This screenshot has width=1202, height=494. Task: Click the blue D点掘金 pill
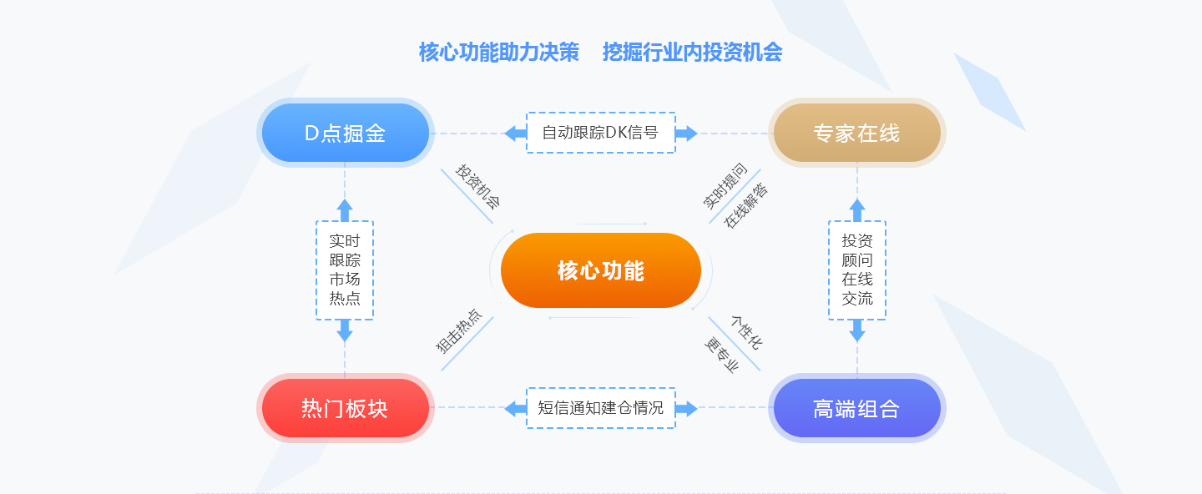(345, 133)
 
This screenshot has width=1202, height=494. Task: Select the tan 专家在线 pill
(857, 133)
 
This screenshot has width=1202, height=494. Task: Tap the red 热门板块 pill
(345, 408)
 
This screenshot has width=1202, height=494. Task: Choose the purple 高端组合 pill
(857, 408)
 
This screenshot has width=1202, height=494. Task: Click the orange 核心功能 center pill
(600, 270)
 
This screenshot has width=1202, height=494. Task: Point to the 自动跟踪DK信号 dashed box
(600, 133)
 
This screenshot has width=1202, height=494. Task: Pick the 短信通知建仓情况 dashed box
(600, 408)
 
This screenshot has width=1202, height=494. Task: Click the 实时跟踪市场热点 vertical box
(345, 270)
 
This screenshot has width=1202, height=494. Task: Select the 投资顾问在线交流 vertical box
(857, 270)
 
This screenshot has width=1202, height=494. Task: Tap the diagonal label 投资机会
(477, 186)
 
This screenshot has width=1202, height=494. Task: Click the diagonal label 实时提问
(725, 185)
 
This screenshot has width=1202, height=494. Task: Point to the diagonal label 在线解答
(746, 205)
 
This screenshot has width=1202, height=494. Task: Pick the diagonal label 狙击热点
(458, 331)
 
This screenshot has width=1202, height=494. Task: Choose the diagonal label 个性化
(746, 333)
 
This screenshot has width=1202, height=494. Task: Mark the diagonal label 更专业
(722, 355)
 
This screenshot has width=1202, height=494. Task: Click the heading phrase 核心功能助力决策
(499, 53)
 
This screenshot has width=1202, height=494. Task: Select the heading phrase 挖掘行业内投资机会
(692, 53)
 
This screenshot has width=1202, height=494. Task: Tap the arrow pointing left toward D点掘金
(515, 133)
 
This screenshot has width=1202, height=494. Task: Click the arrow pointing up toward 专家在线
(857, 209)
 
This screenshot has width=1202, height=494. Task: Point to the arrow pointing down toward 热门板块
(345, 330)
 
